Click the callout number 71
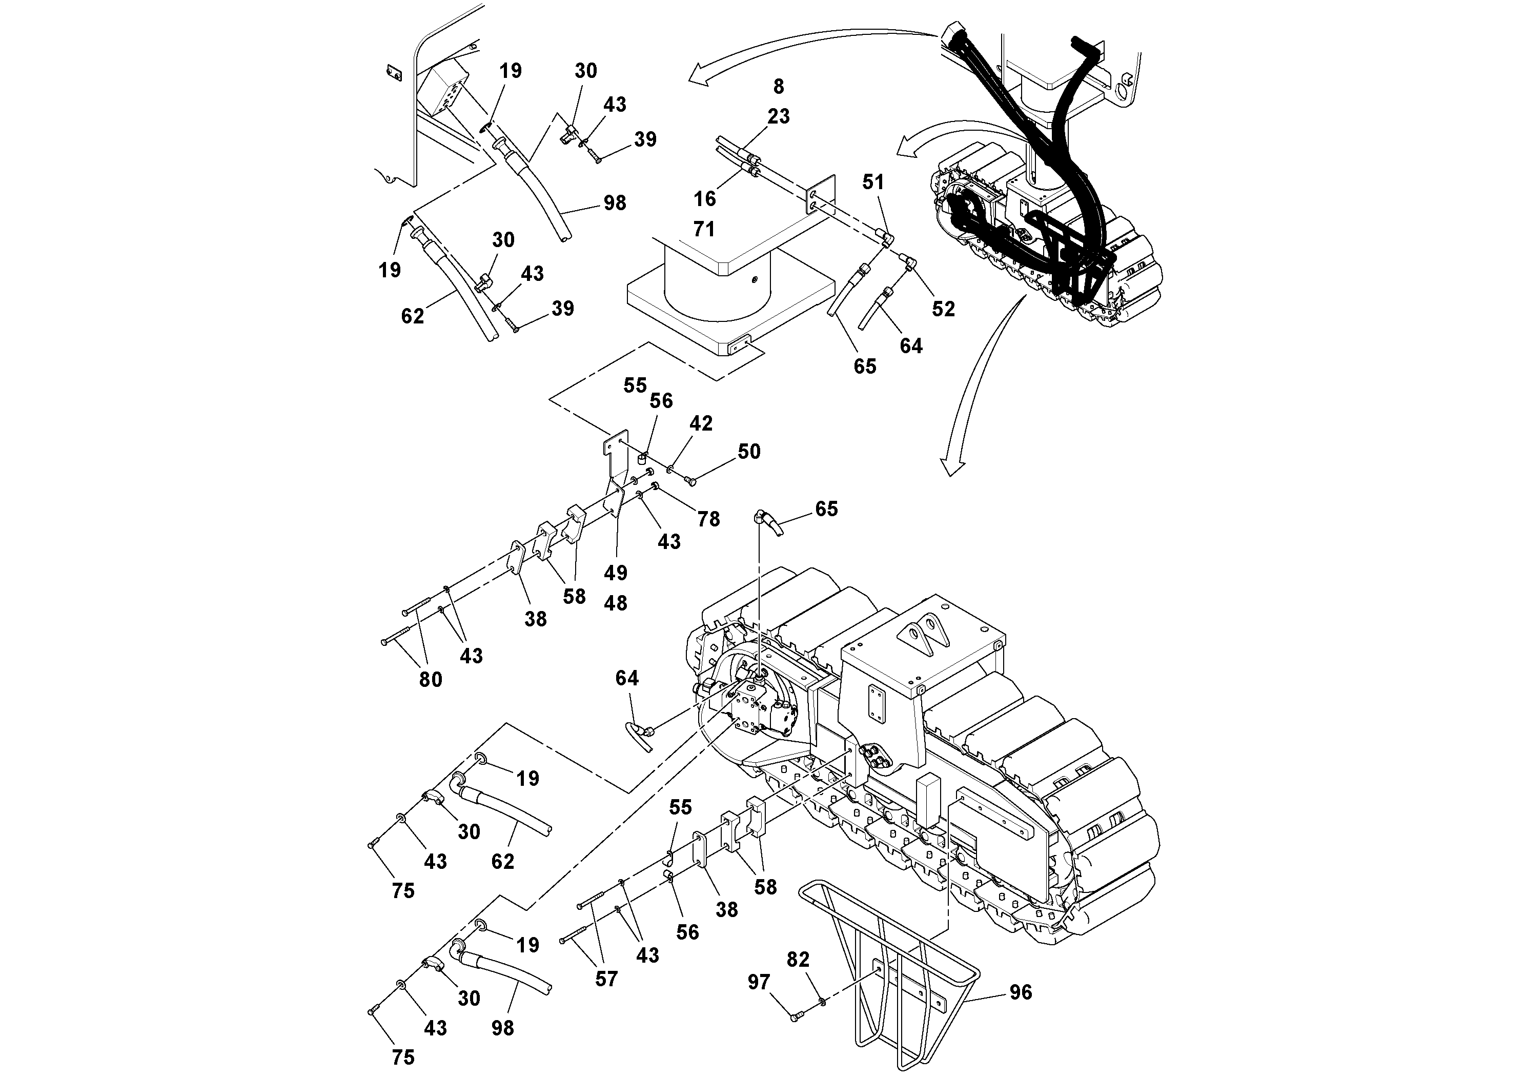[x=704, y=229]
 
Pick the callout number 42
[x=701, y=423]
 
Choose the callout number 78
[x=708, y=519]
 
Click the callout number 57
[x=606, y=979]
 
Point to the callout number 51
[x=873, y=182]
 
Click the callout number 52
[x=943, y=309]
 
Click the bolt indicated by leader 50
[x=690, y=480]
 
